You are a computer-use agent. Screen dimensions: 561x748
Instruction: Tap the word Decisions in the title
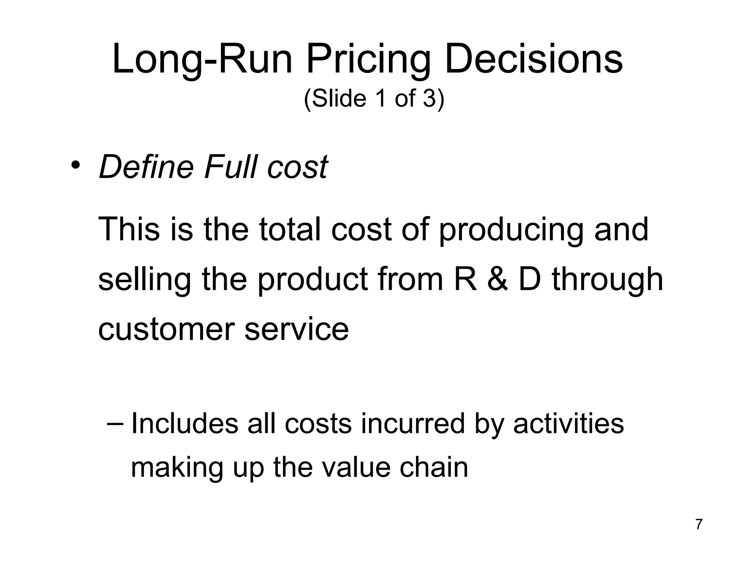pos(534,59)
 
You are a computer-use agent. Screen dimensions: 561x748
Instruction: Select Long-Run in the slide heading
pos(202,59)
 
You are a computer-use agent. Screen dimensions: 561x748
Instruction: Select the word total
pos(290,229)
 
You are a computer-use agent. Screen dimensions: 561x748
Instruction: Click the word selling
pos(144,280)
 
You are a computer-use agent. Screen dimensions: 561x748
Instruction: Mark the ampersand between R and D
pos(498,280)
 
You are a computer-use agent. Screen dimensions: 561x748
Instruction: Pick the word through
pos(607,280)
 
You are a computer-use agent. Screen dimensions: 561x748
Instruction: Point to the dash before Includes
pos(116,424)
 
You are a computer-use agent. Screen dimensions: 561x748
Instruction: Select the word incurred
pos(412,424)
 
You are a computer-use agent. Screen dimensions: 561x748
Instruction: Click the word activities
pos(568,424)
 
